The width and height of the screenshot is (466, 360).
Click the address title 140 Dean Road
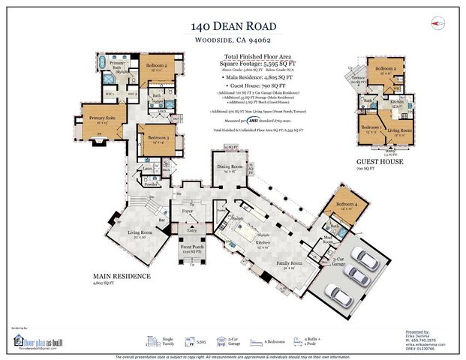point(233,28)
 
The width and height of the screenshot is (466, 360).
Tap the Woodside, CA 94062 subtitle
point(233,43)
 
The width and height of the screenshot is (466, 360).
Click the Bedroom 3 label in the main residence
point(155,139)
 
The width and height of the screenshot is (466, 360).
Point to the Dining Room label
point(227,167)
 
